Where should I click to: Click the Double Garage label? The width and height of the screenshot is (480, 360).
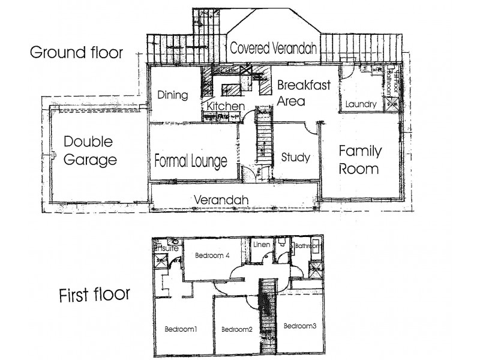pos(89,151)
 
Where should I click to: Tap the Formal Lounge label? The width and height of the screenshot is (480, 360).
pos(190,161)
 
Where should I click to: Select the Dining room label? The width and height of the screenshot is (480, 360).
pos(173,95)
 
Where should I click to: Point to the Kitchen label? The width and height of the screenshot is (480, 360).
pos(226,106)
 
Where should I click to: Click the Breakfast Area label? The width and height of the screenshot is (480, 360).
pos(304,92)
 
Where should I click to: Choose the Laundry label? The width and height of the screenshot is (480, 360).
pos(361,104)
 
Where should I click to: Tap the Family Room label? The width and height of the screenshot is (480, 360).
pos(359,159)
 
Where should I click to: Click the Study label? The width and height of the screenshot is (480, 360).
pos(295,157)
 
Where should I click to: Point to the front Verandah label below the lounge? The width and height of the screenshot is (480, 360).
pos(221,200)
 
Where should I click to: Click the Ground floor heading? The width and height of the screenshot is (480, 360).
pos(76,52)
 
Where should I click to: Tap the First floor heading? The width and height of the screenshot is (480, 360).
pos(94,295)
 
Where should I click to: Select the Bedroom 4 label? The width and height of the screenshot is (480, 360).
pos(211,255)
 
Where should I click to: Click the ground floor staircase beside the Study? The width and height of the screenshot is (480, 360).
pos(262,141)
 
